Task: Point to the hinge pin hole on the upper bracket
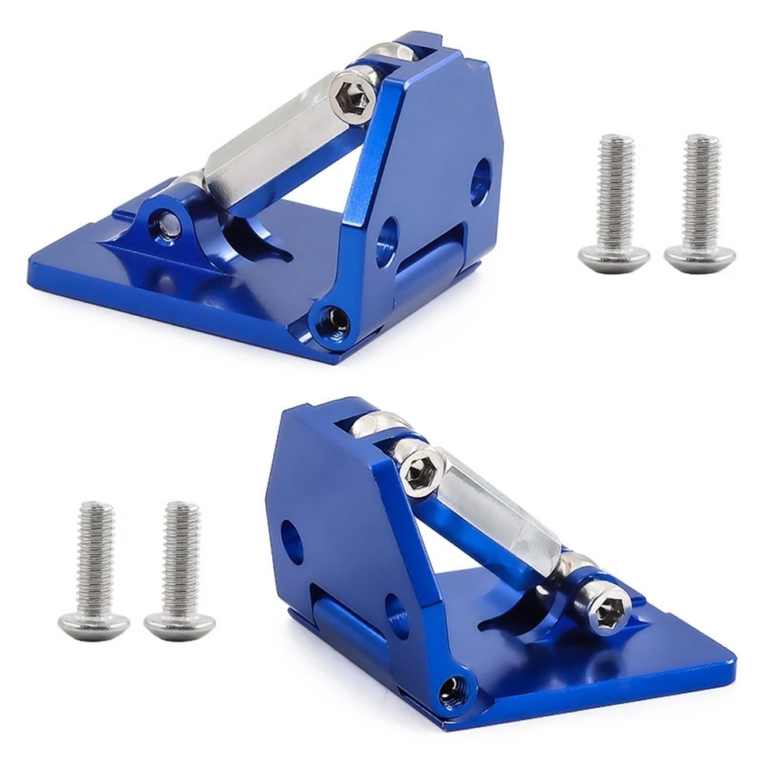(333, 321)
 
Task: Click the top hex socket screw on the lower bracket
(421, 470)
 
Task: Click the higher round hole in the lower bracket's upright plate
(293, 540)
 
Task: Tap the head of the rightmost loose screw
(699, 257)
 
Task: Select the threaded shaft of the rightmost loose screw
(702, 190)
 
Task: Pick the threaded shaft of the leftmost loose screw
(96, 556)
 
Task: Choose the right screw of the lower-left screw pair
(181, 571)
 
